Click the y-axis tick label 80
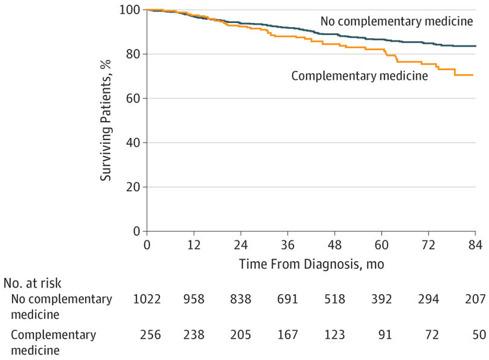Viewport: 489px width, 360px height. pos(132,54)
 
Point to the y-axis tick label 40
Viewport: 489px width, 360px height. pos(132,143)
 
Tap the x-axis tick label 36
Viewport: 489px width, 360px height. pos(287,247)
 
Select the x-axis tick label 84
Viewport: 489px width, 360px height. pos(475,247)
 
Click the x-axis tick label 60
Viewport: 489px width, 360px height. pos(382,247)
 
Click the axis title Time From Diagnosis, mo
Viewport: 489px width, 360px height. pos(311,264)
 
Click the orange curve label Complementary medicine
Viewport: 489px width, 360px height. pos(359,76)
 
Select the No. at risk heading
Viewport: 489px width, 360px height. pos(33,283)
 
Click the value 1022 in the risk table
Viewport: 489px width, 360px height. pos(147,298)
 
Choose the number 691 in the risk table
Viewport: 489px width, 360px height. pos(287,298)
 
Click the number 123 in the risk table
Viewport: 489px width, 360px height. pos(334,334)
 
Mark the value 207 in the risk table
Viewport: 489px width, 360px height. pos(475,298)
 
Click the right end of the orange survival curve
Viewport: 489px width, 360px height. pos(472,75)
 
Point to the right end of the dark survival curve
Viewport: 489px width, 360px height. pos(475,46)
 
